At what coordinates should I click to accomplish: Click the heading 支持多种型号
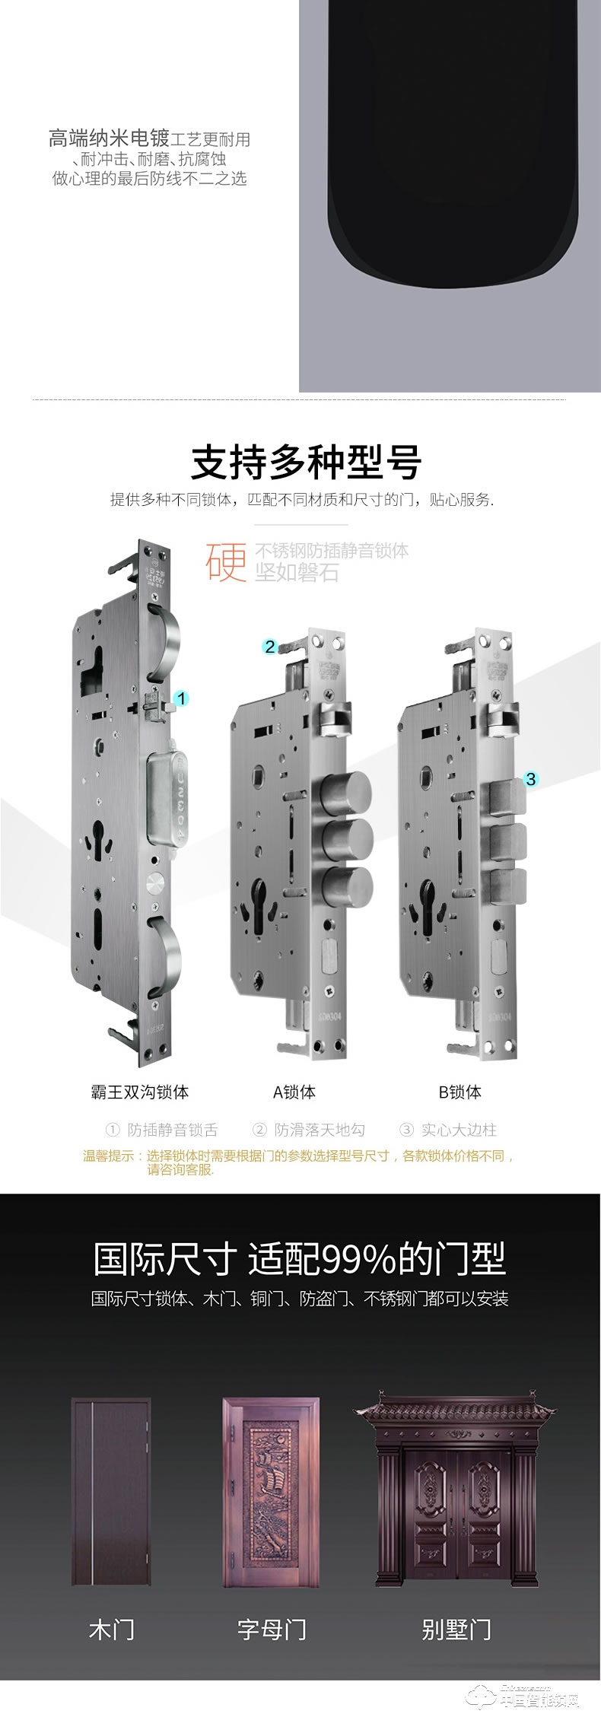point(306,463)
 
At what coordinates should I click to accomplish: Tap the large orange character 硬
point(226,561)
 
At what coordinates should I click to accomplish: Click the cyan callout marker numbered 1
point(180,698)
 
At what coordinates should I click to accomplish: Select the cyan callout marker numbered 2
point(270,647)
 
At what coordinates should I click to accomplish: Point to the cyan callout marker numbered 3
point(531,778)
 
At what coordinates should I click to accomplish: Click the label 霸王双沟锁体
point(140,1092)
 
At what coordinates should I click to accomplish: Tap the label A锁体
point(294,1092)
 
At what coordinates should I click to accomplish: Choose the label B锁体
point(460,1092)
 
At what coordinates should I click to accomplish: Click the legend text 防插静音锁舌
point(172,1130)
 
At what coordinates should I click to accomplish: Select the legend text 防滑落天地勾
point(320,1130)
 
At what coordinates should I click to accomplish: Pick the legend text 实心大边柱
point(459,1130)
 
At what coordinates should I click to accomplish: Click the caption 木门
point(112,1629)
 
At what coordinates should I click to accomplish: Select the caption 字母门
point(272,1629)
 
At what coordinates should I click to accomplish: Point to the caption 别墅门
point(456,1629)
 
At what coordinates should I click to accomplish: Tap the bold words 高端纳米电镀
point(109,139)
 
